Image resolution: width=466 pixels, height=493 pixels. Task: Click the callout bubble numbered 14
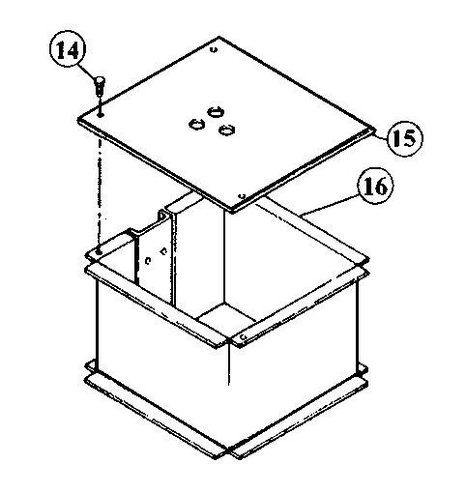click(x=69, y=51)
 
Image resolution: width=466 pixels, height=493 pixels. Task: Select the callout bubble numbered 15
click(x=404, y=139)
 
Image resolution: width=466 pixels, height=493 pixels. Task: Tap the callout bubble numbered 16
click(x=375, y=187)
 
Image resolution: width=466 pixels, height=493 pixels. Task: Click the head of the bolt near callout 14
click(x=100, y=80)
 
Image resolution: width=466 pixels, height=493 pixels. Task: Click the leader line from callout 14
click(x=88, y=72)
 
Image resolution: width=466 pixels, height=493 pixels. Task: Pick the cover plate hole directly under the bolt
click(x=101, y=114)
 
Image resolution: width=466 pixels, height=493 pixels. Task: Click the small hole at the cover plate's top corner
click(x=215, y=49)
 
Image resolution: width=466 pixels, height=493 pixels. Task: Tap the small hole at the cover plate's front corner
click(x=243, y=196)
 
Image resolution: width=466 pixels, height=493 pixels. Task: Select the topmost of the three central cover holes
click(x=216, y=112)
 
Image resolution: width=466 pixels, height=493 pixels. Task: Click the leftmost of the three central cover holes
click(x=196, y=124)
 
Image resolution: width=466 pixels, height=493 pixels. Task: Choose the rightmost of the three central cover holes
click(x=226, y=130)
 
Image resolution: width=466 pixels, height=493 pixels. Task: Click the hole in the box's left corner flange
click(x=99, y=252)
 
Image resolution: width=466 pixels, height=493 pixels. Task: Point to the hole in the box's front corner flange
click(x=243, y=337)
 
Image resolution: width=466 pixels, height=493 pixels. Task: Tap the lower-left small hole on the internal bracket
click(x=148, y=260)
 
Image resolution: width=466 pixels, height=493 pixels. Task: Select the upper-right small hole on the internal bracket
click(x=163, y=250)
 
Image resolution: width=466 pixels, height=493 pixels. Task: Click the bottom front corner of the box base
click(x=228, y=452)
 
